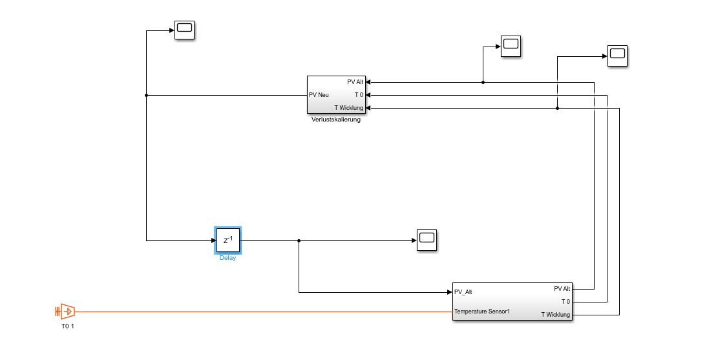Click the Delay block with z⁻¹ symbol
[x=227, y=240]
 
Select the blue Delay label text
[x=227, y=258]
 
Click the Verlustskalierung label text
[x=335, y=119]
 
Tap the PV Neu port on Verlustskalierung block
[x=319, y=95]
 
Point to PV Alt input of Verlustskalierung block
[x=355, y=82]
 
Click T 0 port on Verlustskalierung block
[x=359, y=95]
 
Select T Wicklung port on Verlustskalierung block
[x=349, y=108]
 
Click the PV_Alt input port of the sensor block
[x=463, y=291]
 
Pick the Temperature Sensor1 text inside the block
[x=482, y=312]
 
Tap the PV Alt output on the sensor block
[x=562, y=289]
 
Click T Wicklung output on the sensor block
[x=555, y=315]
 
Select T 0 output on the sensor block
[x=565, y=302]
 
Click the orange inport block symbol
[x=65, y=312]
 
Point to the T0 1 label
[x=68, y=326]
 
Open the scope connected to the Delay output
[x=427, y=239]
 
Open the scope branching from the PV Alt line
[x=511, y=45]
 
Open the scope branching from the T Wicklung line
[x=617, y=56]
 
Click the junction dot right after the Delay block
[x=299, y=240]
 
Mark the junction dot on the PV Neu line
[x=147, y=95]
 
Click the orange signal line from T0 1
[x=259, y=312]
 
